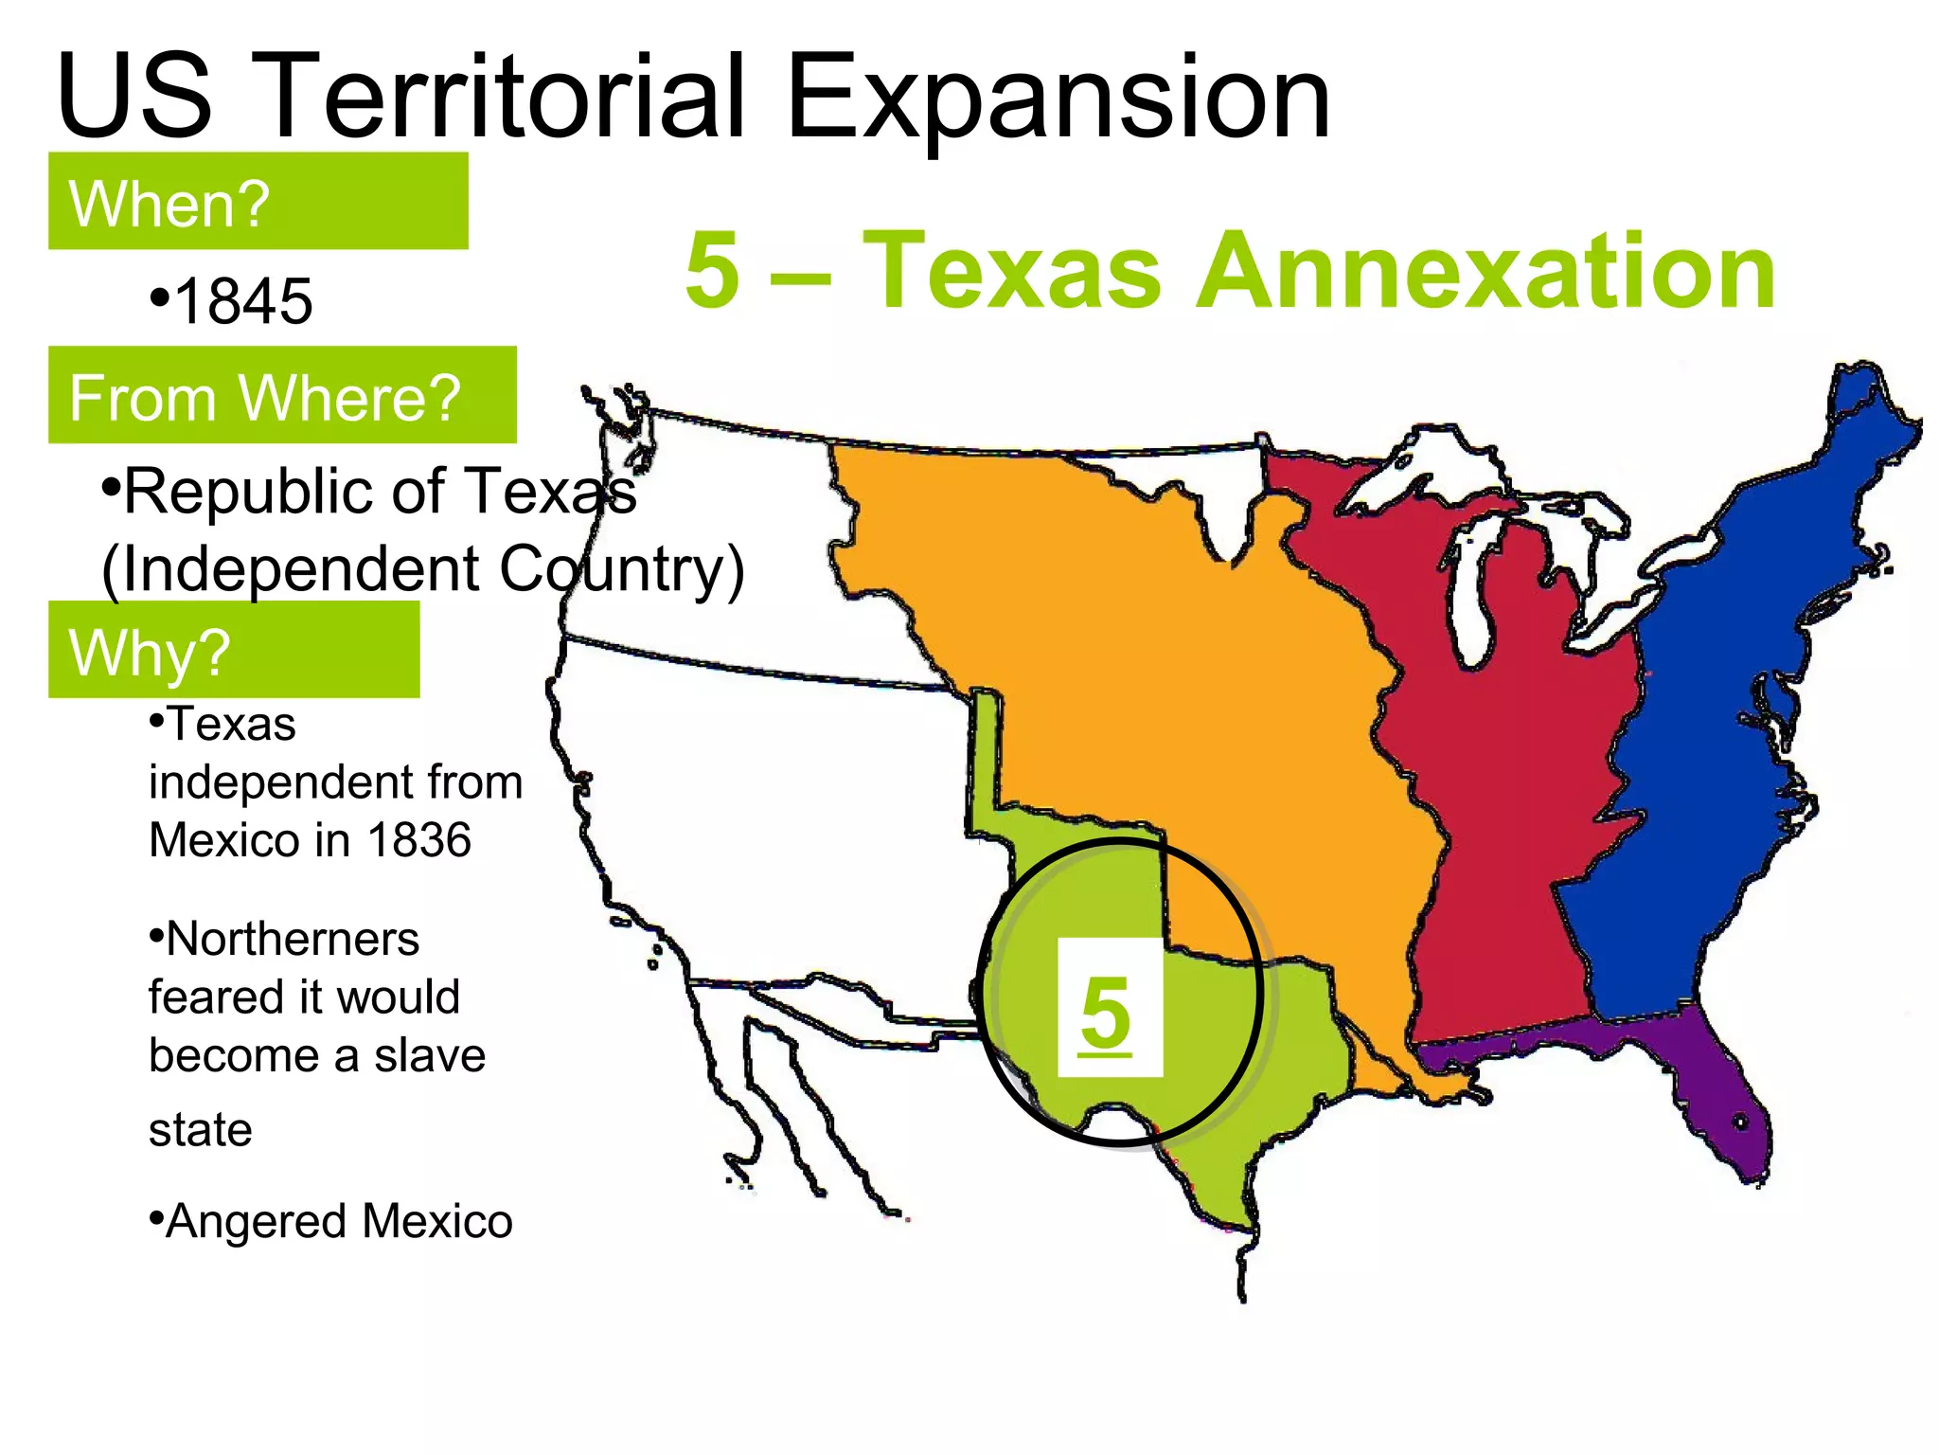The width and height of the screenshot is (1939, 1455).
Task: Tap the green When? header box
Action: tap(258, 201)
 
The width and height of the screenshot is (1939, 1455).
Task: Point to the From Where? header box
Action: tap(282, 395)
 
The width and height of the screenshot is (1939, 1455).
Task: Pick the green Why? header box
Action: tap(233, 650)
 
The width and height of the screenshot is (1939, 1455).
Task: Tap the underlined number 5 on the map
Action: tap(1106, 1012)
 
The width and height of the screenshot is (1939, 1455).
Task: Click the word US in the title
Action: tap(133, 97)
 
